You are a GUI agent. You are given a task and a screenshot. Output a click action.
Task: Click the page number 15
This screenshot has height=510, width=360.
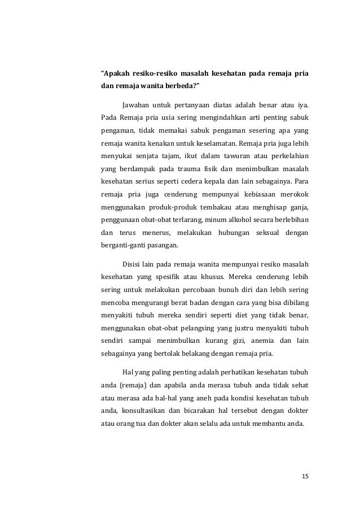(x=305, y=477)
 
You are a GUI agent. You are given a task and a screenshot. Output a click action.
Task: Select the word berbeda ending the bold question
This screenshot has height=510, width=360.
(x=191, y=87)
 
